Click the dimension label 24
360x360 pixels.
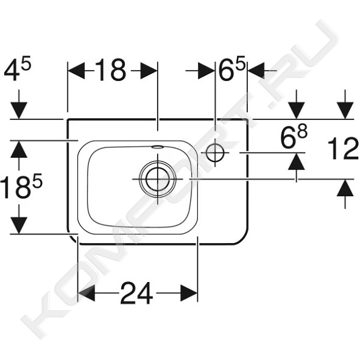point(136,293)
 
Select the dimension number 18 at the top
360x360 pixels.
point(110,70)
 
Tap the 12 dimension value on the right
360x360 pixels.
point(343,149)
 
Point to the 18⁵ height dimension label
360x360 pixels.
point(21,186)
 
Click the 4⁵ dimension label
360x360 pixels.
point(17,70)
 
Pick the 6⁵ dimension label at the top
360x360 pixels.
point(232,69)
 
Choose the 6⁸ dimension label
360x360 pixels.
point(294,136)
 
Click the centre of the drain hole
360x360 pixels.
point(158,179)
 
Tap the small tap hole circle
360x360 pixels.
point(215,152)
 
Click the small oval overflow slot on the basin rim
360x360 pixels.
point(158,147)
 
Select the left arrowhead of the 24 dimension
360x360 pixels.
point(86,293)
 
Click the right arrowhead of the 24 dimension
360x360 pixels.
point(189,293)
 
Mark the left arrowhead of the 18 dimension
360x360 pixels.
point(77,71)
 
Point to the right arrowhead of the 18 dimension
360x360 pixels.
point(149,71)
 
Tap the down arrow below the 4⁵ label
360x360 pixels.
point(19,110)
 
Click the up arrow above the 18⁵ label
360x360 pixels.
point(19,149)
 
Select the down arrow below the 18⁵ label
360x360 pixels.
point(19,225)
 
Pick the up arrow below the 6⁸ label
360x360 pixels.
point(297,161)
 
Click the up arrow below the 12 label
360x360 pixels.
point(345,188)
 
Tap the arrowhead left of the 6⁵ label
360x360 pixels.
point(206,71)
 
